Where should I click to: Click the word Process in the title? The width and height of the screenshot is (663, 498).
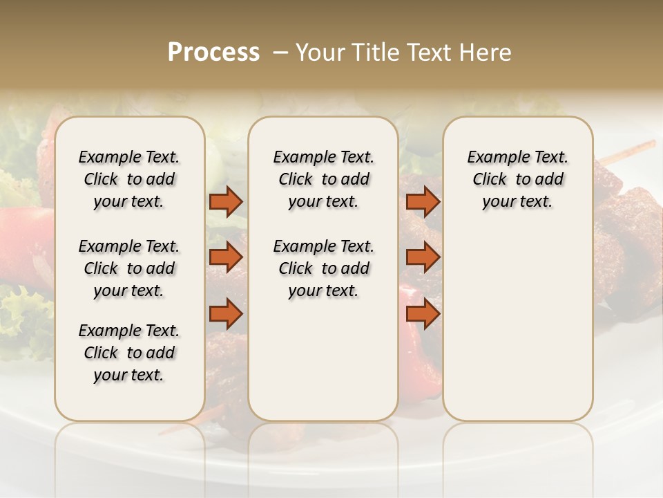tap(213, 53)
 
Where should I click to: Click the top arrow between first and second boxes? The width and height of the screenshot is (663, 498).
tap(226, 201)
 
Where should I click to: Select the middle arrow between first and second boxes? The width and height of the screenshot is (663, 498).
tap(226, 257)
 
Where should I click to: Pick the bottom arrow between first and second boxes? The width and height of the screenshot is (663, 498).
tap(226, 314)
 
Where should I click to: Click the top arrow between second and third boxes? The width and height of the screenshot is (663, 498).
tap(423, 201)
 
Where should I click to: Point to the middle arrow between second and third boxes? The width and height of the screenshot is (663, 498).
tap(423, 257)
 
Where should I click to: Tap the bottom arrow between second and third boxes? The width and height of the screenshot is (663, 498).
tap(423, 314)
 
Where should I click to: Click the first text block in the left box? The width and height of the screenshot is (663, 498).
tap(129, 179)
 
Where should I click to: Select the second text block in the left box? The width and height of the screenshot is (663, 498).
tap(129, 268)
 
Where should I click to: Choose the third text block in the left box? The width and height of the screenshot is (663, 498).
tap(129, 353)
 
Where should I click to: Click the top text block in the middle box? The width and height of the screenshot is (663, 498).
tap(323, 179)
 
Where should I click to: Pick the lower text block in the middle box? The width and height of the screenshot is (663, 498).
tap(323, 268)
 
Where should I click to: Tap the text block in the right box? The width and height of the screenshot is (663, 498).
tap(517, 179)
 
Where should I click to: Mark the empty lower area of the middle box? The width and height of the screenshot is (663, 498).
tap(323, 360)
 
